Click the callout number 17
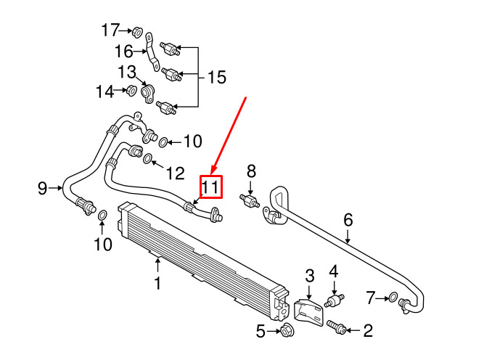[x=110, y=30]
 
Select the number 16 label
[x=123, y=51]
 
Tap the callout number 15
[x=217, y=77]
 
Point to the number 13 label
[x=127, y=72]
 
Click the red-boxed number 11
[x=210, y=187]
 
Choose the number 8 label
[x=252, y=171]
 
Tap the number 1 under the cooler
[x=157, y=282]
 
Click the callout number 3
[x=309, y=275]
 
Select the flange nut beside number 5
[x=285, y=332]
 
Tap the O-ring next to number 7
[x=393, y=297]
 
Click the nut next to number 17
[x=136, y=31]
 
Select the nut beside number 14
[x=131, y=91]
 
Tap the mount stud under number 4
[x=335, y=299]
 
